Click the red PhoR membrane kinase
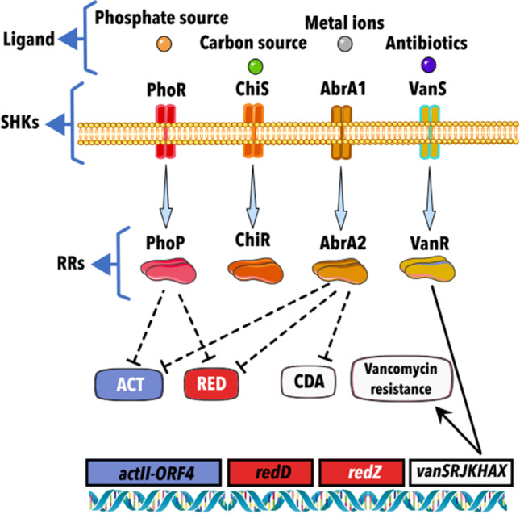click(x=165, y=130)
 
